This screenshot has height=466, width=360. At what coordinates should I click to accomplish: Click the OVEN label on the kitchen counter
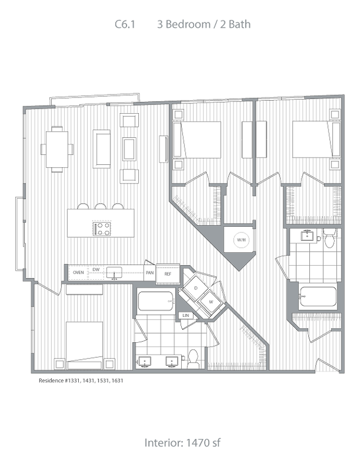(78, 272)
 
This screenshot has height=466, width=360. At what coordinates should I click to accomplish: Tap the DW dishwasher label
(96, 270)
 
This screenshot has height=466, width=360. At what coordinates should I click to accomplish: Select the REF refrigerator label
(168, 274)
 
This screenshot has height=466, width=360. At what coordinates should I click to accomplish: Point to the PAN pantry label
(150, 272)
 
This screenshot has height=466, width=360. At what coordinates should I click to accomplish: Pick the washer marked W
(211, 301)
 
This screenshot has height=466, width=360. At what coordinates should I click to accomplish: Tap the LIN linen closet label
(186, 315)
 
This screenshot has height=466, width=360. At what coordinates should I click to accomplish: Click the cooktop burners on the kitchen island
(102, 229)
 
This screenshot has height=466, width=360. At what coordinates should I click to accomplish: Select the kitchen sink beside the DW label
(114, 272)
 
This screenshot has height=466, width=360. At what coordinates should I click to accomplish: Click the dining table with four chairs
(57, 149)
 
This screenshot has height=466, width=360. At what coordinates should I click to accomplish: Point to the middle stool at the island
(100, 206)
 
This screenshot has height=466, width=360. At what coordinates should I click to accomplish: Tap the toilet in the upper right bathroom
(330, 239)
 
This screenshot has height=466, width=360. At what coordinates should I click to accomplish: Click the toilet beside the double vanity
(193, 359)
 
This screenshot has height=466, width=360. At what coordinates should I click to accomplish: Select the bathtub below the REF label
(156, 301)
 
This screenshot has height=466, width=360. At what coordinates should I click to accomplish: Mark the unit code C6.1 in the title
(125, 24)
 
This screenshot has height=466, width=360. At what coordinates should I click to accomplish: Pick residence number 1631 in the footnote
(118, 380)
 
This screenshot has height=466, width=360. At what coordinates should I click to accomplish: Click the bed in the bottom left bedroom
(84, 346)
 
